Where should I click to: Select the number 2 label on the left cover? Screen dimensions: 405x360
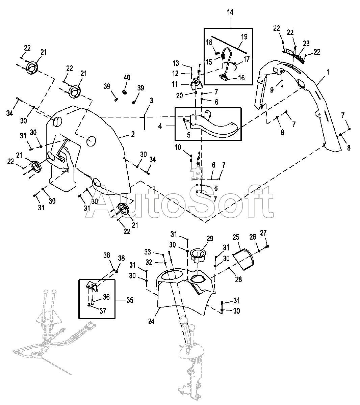coord(133,134)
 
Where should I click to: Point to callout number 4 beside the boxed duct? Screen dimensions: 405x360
coord(160,126)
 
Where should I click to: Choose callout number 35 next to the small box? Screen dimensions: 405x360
coord(130,300)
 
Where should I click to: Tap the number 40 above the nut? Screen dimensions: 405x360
coord(127,78)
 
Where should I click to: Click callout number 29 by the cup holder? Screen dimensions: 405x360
coord(210,239)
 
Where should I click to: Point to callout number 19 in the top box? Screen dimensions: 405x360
coord(244,36)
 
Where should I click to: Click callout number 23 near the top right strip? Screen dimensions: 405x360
coord(306,44)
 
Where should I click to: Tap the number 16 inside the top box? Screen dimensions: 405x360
coord(241,78)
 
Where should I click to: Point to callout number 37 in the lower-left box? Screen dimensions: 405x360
coord(103,311)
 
